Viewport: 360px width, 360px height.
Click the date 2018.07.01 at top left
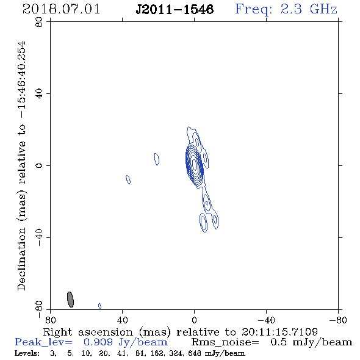61,9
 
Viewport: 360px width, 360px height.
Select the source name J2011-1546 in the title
175,9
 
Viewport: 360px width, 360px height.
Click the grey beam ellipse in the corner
70,300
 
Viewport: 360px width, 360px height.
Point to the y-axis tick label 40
40,94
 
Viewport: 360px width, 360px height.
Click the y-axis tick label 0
40,165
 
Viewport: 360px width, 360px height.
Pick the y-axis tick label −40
40,237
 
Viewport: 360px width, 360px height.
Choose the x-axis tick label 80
50,320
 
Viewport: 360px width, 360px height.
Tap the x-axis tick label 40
122,320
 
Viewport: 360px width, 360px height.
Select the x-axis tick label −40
266,320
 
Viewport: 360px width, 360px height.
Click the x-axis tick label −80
338,320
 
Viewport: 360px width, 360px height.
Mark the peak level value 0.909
98,342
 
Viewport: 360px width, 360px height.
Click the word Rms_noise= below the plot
225,342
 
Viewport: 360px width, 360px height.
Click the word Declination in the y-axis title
21,259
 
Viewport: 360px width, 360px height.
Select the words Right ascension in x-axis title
88,332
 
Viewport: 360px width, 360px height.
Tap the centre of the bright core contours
194,164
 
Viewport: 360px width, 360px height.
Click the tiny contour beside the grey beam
99,306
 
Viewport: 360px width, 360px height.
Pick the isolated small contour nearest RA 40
128,179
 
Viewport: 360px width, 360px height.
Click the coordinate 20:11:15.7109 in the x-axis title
279,332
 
